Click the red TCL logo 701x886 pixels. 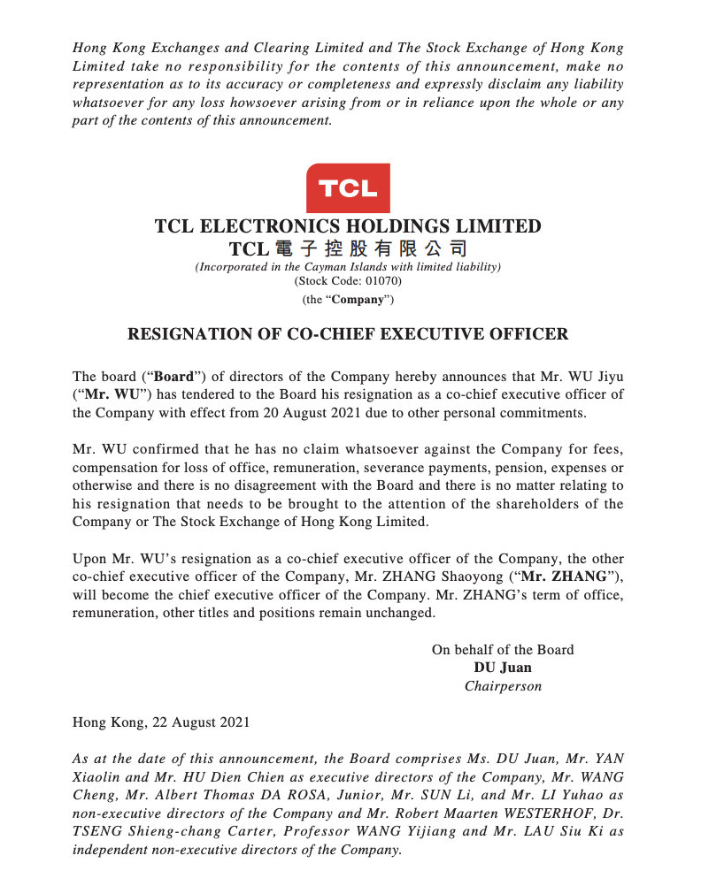click(348, 187)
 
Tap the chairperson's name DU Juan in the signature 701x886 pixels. click(503, 668)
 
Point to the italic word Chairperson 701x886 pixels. click(503, 685)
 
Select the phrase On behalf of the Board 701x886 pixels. click(503, 650)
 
